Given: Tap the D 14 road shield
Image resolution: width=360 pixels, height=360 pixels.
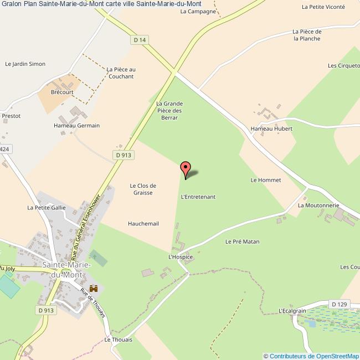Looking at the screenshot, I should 141,40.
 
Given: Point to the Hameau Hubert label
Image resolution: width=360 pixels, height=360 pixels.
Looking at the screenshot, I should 271,128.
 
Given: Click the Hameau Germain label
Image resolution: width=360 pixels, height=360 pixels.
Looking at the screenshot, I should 76,126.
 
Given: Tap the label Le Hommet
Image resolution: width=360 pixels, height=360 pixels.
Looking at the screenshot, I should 266,180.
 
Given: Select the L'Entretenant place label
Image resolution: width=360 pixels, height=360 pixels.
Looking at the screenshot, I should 198,197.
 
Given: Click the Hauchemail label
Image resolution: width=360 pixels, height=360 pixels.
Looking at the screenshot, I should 143,224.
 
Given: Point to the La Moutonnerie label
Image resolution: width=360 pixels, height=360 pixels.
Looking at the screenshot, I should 318,205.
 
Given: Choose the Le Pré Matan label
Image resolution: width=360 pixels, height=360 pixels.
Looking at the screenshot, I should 242,241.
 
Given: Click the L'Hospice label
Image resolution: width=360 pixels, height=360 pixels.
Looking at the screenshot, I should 181,257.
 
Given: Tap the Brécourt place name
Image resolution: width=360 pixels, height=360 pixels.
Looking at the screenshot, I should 62,92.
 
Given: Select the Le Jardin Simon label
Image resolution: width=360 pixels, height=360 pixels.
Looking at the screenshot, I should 25,64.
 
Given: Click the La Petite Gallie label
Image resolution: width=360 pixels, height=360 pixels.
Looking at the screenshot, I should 47,208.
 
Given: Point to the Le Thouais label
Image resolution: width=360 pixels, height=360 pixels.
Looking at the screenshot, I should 119,340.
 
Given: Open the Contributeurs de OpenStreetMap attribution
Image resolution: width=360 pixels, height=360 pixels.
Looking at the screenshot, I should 311,356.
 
